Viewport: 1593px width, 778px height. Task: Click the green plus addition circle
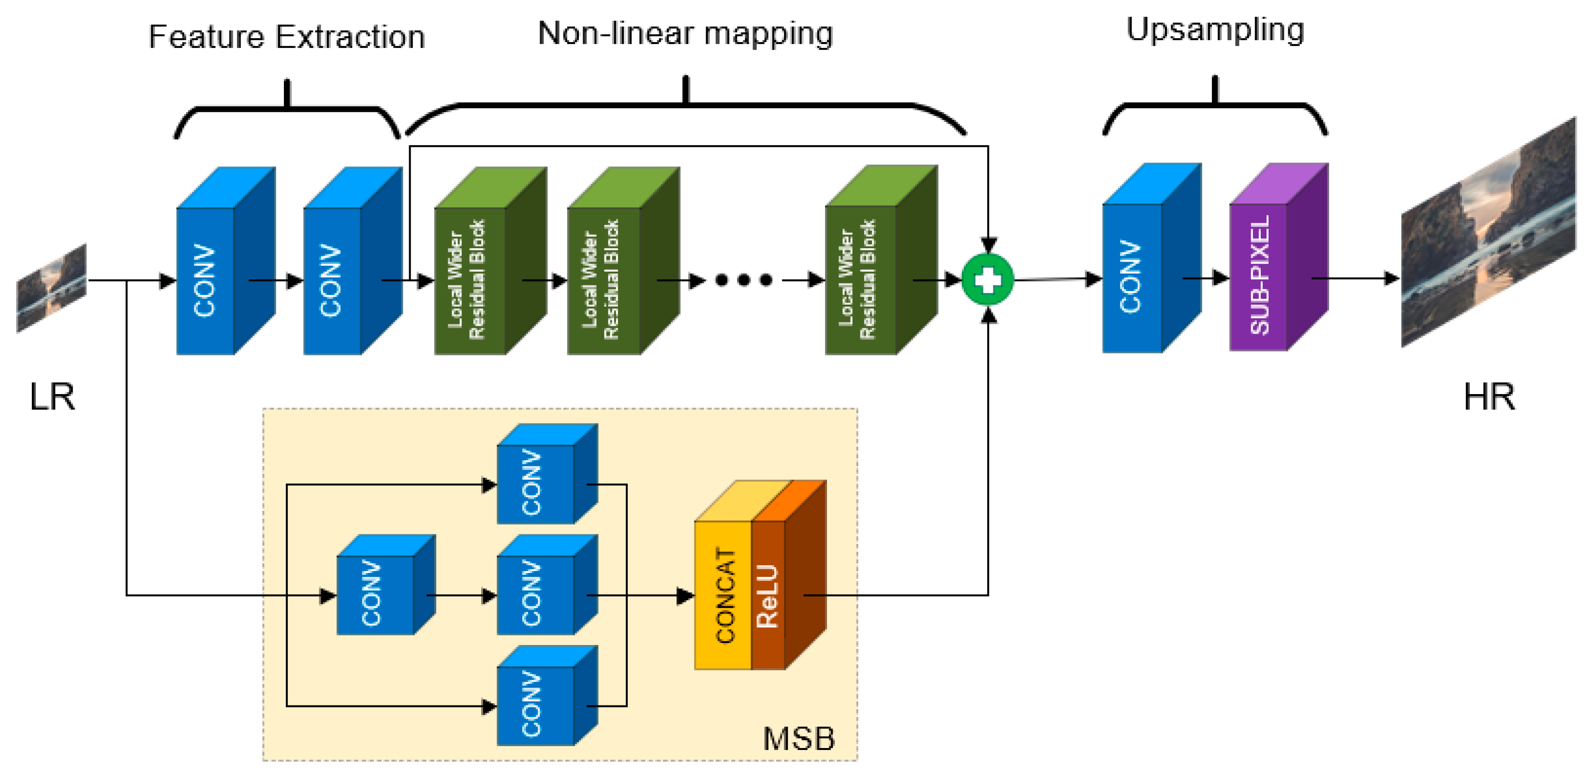[x=988, y=280]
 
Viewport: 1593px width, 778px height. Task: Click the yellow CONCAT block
[x=723, y=594]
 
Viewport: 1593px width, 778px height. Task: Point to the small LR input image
[x=51, y=288]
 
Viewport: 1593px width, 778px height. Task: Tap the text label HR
[x=1489, y=397]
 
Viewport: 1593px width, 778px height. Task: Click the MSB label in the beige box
[x=798, y=738]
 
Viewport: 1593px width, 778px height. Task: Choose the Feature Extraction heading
[x=286, y=37]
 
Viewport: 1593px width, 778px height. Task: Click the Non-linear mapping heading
[x=685, y=33]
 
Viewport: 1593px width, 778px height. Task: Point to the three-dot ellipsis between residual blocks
[x=743, y=280]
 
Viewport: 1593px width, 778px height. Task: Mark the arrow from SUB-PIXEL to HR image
[x=1354, y=279]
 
